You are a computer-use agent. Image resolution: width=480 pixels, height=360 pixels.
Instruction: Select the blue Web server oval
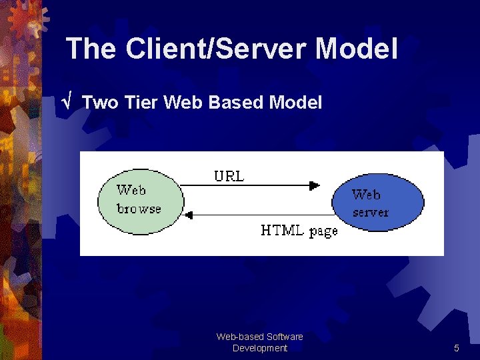tap(377, 203)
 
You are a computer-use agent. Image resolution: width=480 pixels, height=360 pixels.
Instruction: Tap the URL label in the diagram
tap(229, 177)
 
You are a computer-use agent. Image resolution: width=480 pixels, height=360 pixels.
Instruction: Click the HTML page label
tap(299, 231)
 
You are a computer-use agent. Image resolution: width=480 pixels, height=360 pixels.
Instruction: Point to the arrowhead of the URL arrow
tap(315, 186)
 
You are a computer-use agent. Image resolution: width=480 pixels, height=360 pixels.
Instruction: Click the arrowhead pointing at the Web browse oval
tap(189, 215)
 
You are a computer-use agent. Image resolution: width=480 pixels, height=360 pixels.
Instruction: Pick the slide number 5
tap(457, 348)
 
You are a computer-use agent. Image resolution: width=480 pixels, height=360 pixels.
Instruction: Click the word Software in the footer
tap(284, 337)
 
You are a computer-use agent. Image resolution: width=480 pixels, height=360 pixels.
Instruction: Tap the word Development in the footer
tap(260, 348)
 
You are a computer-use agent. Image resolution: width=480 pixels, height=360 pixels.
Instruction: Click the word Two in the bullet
tap(101, 103)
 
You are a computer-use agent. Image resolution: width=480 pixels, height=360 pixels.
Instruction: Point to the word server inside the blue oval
tap(371, 213)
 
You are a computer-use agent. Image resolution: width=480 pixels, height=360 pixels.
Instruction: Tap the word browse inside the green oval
tap(139, 209)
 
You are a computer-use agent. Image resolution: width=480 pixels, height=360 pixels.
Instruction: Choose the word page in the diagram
tap(323, 231)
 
